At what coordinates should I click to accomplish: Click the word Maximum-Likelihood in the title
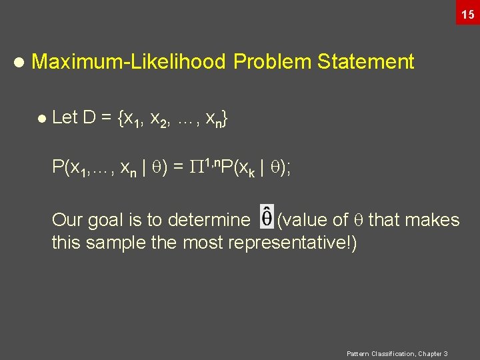[129, 62]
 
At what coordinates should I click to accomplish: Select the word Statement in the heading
[366, 62]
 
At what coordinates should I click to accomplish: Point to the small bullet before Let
[42, 119]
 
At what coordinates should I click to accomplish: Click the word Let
[65, 118]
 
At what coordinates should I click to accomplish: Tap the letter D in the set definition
[89, 118]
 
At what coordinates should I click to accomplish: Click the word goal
[105, 221]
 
